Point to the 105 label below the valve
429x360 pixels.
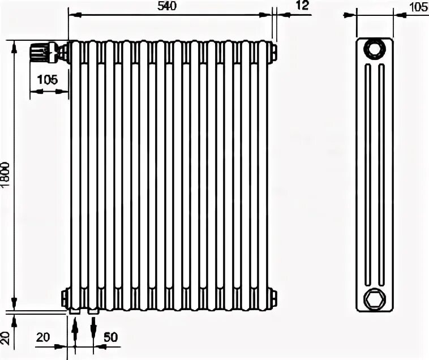click(47, 80)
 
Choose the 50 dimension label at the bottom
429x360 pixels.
click(111, 337)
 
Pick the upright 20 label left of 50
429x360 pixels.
click(44, 337)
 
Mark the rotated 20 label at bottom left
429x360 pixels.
click(6, 338)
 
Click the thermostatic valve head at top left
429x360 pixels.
click(39, 53)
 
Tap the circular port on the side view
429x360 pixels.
click(374, 49)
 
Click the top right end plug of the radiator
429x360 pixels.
click(273, 52)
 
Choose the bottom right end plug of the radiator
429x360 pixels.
click(273, 295)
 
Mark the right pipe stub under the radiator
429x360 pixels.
click(93, 310)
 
